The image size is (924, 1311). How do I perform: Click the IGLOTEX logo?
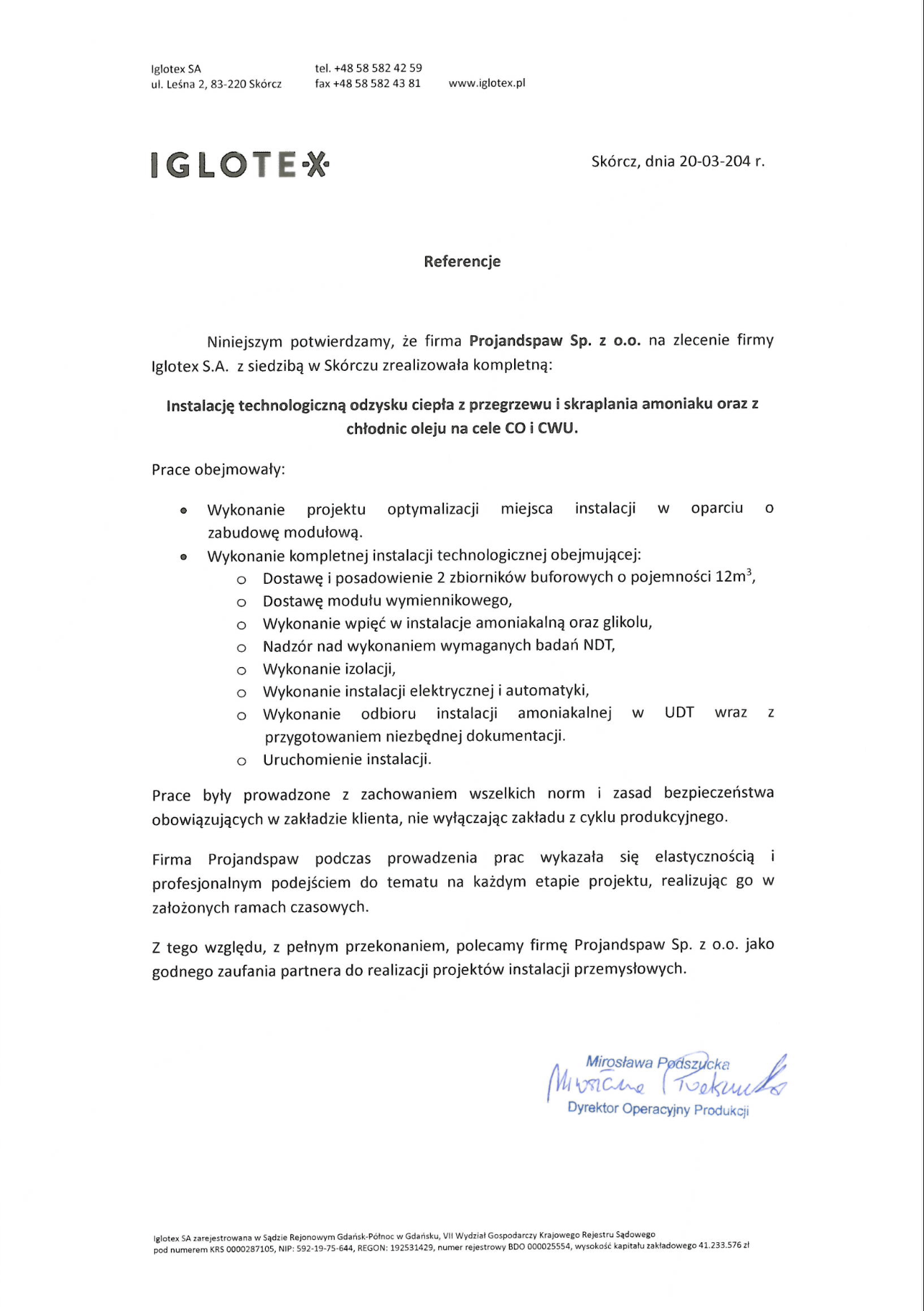(x=240, y=165)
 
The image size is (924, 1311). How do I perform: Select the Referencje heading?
(x=462, y=261)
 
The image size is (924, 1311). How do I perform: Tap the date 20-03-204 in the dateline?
(x=715, y=162)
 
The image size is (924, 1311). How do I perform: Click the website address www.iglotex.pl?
(x=487, y=83)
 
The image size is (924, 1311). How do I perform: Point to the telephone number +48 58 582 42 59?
(x=377, y=68)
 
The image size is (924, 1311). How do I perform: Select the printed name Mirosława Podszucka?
(x=658, y=1063)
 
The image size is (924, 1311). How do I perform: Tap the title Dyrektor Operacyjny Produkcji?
(x=658, y=1109)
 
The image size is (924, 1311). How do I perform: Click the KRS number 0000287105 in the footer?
(x=251, y=1249)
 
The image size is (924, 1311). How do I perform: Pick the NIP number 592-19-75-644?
(x=325, y=1249)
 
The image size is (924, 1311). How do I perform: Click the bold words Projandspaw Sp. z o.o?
(x=555, y=340)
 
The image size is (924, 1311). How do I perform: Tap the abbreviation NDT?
(x=599, y=645)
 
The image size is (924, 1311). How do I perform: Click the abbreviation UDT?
(x=679, y=713)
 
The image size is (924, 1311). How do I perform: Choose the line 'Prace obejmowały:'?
(x=218, y=469)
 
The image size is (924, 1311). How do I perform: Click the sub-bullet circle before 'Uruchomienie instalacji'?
(x=242, y=761)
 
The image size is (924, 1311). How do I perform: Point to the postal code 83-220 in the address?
(x=227, y=84)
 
